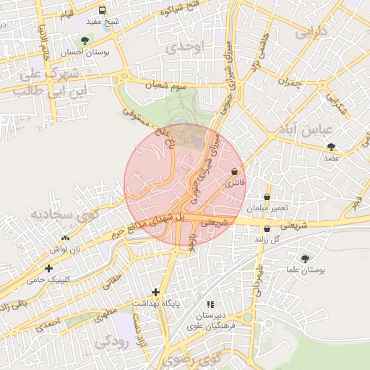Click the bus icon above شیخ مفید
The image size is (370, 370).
pos(102,11)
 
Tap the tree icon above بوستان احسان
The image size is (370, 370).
pos(85,40)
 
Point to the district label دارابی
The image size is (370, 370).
pos(312,31)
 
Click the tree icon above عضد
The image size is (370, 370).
pos(331,147)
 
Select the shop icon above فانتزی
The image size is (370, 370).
pos(234,173)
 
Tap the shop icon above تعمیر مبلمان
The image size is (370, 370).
pos(267,197)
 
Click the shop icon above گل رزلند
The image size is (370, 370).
pos(267,228)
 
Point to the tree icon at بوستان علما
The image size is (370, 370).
pos(305,258)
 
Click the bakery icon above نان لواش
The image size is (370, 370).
pos(66,237)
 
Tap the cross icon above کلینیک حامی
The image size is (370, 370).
pos(48,268)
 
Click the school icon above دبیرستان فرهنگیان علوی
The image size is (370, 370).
pos(210,305)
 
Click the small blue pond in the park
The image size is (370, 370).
pos(198,141)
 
